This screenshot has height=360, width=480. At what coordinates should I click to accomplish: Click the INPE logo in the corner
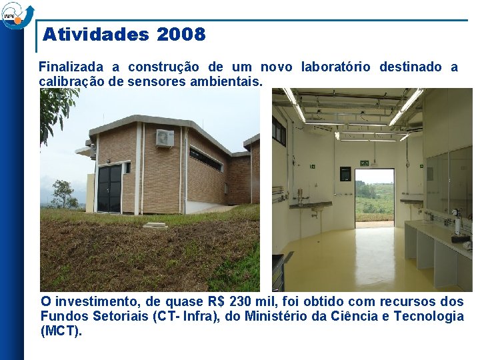pos(15,14)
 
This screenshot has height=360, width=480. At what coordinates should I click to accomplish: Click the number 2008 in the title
pos(181,35)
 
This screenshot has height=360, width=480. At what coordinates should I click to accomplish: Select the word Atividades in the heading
pos(97,35)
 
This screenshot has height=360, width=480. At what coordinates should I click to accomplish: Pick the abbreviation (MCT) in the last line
pos(61,331)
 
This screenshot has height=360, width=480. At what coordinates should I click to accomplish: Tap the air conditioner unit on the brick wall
pos(165,137)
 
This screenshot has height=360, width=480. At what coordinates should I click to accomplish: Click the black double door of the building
pos(109,188)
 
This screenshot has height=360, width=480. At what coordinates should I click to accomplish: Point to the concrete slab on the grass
pos(156,225)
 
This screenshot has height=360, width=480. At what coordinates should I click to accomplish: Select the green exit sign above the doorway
pos(365,163)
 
